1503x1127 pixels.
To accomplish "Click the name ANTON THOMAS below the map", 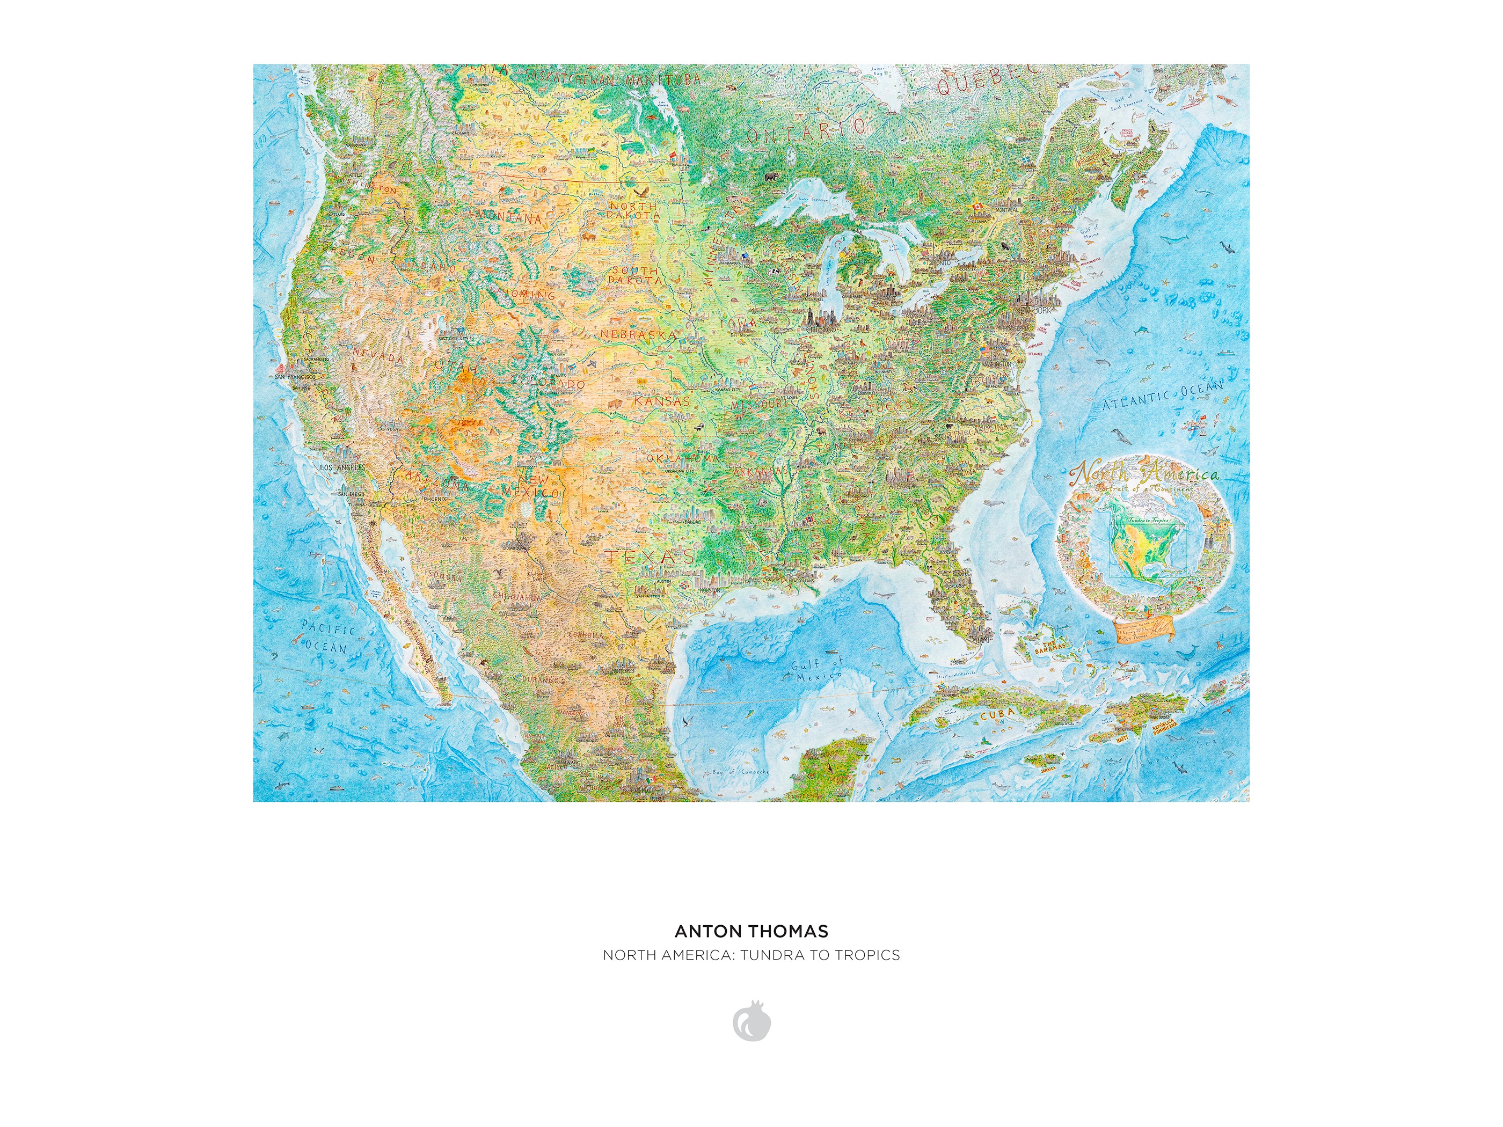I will pos(751,931).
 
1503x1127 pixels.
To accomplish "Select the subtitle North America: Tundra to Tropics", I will pos(751,955).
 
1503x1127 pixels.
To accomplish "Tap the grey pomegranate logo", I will pos(751,1021).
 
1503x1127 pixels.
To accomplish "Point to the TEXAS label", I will pos(650,557).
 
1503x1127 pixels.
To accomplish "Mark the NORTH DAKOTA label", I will pos(633,210).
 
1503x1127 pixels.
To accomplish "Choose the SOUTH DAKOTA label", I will pos(634,275).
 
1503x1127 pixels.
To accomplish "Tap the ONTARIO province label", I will pos(807,130).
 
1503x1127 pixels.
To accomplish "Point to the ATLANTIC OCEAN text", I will pos(1162,396).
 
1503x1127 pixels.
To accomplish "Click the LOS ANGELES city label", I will pos(342,467).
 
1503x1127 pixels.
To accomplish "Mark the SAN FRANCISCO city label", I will pos(295,376).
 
